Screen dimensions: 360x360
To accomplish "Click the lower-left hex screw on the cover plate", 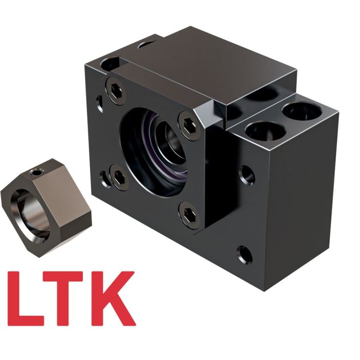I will pyautogui.click(x=119, y=178).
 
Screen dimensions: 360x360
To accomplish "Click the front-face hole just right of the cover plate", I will pyautogui.click(x=247, y=175).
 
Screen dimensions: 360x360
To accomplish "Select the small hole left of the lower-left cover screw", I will pyautogui.click(x=105, y=177).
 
